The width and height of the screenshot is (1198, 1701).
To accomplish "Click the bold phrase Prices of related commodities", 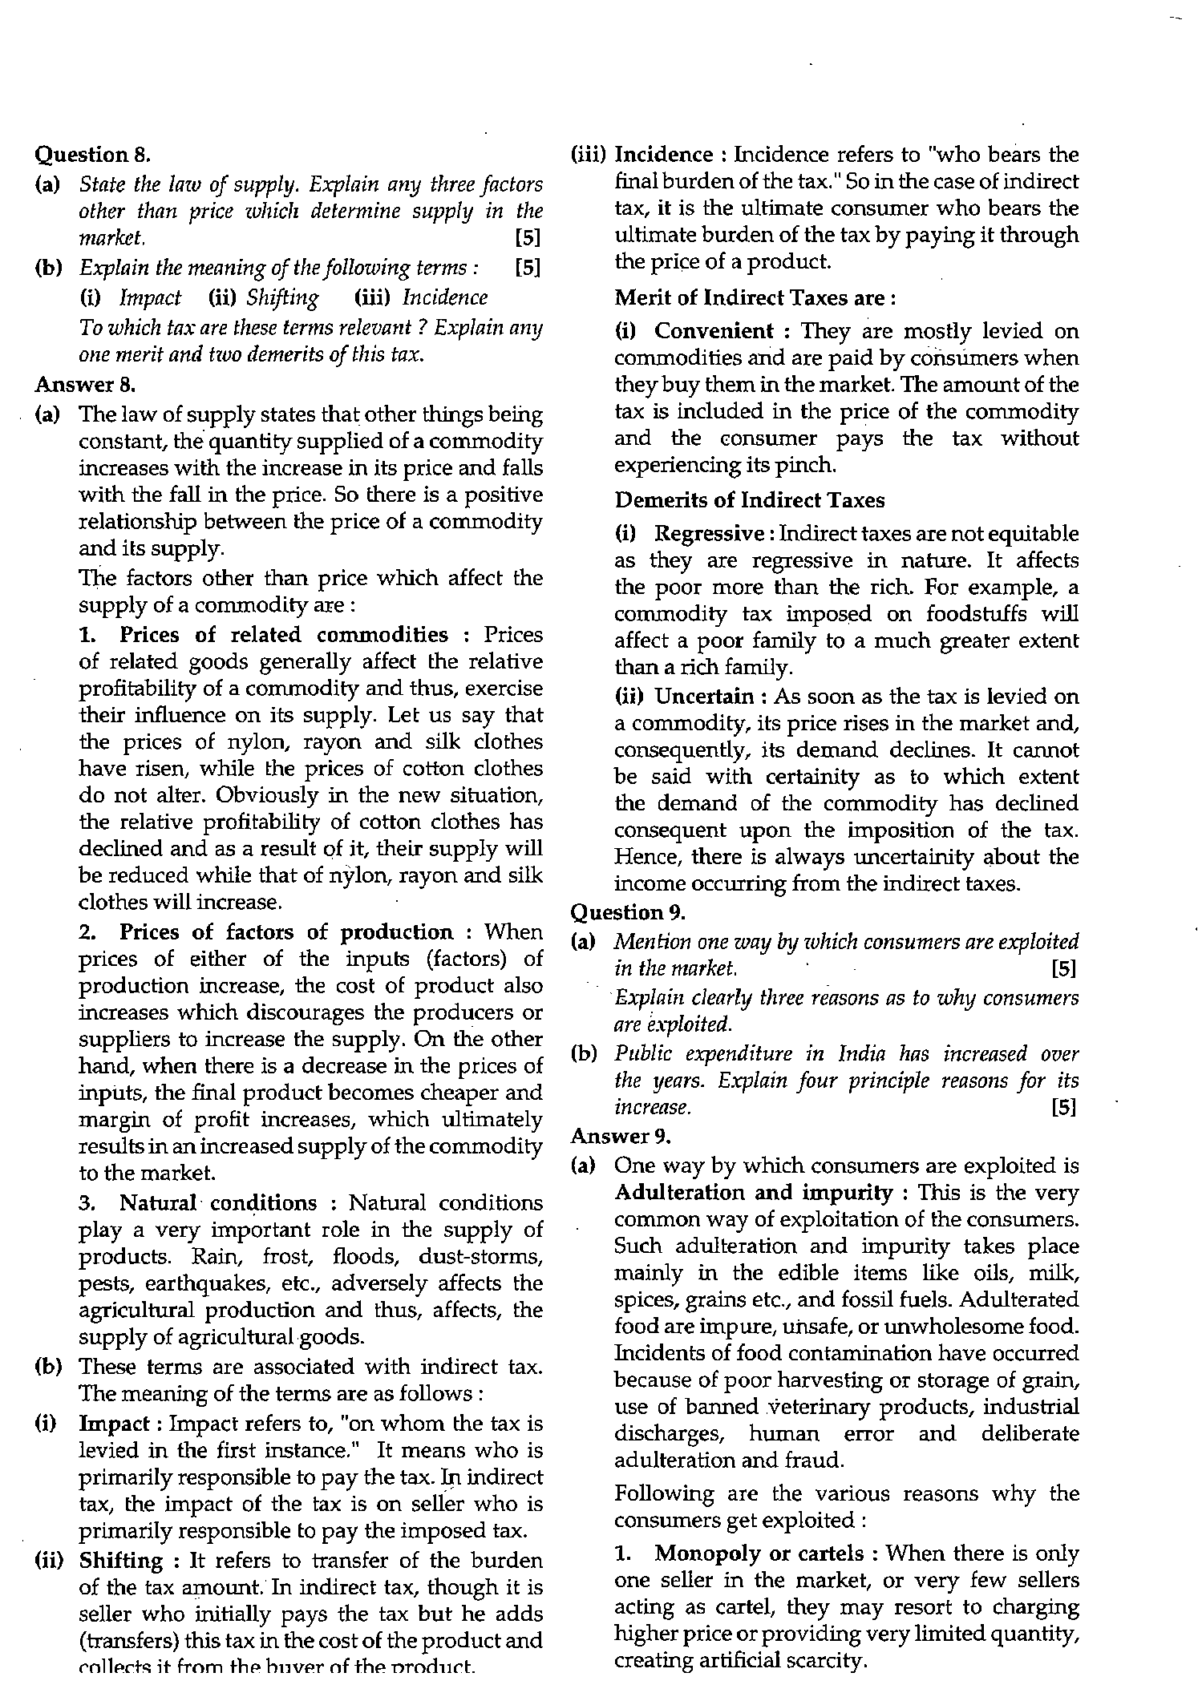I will [284, 635].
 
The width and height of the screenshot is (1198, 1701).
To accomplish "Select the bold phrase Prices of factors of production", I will [286, 932].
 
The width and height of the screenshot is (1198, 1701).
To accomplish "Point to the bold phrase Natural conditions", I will [218, 1203].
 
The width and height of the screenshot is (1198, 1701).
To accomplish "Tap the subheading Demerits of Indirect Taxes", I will [750, 500].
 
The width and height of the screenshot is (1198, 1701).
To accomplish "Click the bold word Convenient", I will [714, 331].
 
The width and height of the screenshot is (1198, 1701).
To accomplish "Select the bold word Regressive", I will [709, 534].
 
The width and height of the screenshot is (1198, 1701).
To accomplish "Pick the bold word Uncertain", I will [704, 697].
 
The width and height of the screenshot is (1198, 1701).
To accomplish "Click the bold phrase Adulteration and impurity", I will [752, 1193].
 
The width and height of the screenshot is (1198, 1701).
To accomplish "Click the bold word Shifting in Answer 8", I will [121, 1561].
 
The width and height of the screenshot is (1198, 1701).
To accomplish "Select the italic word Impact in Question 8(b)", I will [151, 298].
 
